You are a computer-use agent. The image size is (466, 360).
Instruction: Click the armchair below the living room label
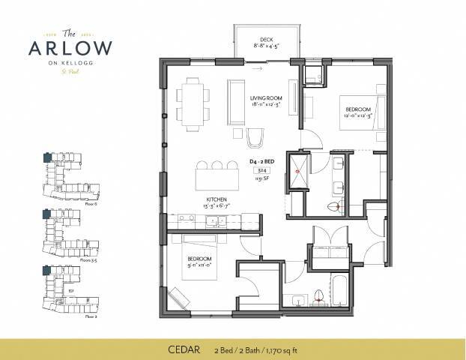[x=255, y=136]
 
